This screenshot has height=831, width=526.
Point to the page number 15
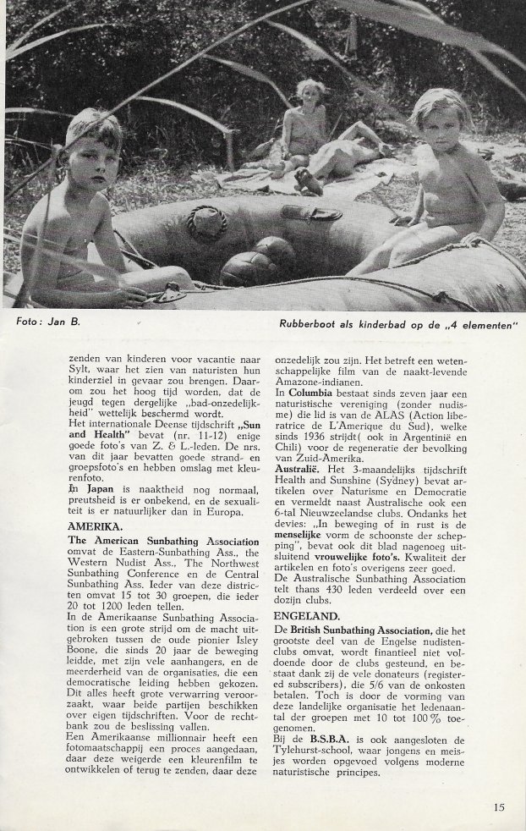coord(500,806)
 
